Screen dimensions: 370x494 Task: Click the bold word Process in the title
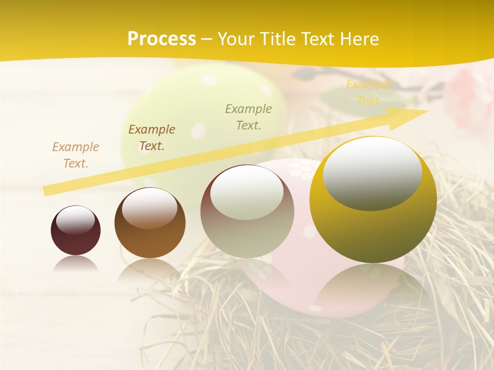162,39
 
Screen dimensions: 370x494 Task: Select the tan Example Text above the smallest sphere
76,155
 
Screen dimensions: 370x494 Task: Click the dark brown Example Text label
152,138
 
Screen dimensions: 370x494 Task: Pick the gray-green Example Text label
249,117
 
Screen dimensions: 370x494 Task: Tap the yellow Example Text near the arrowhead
369,92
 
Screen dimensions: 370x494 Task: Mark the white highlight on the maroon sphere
76,220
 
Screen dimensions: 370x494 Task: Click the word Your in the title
236,39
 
